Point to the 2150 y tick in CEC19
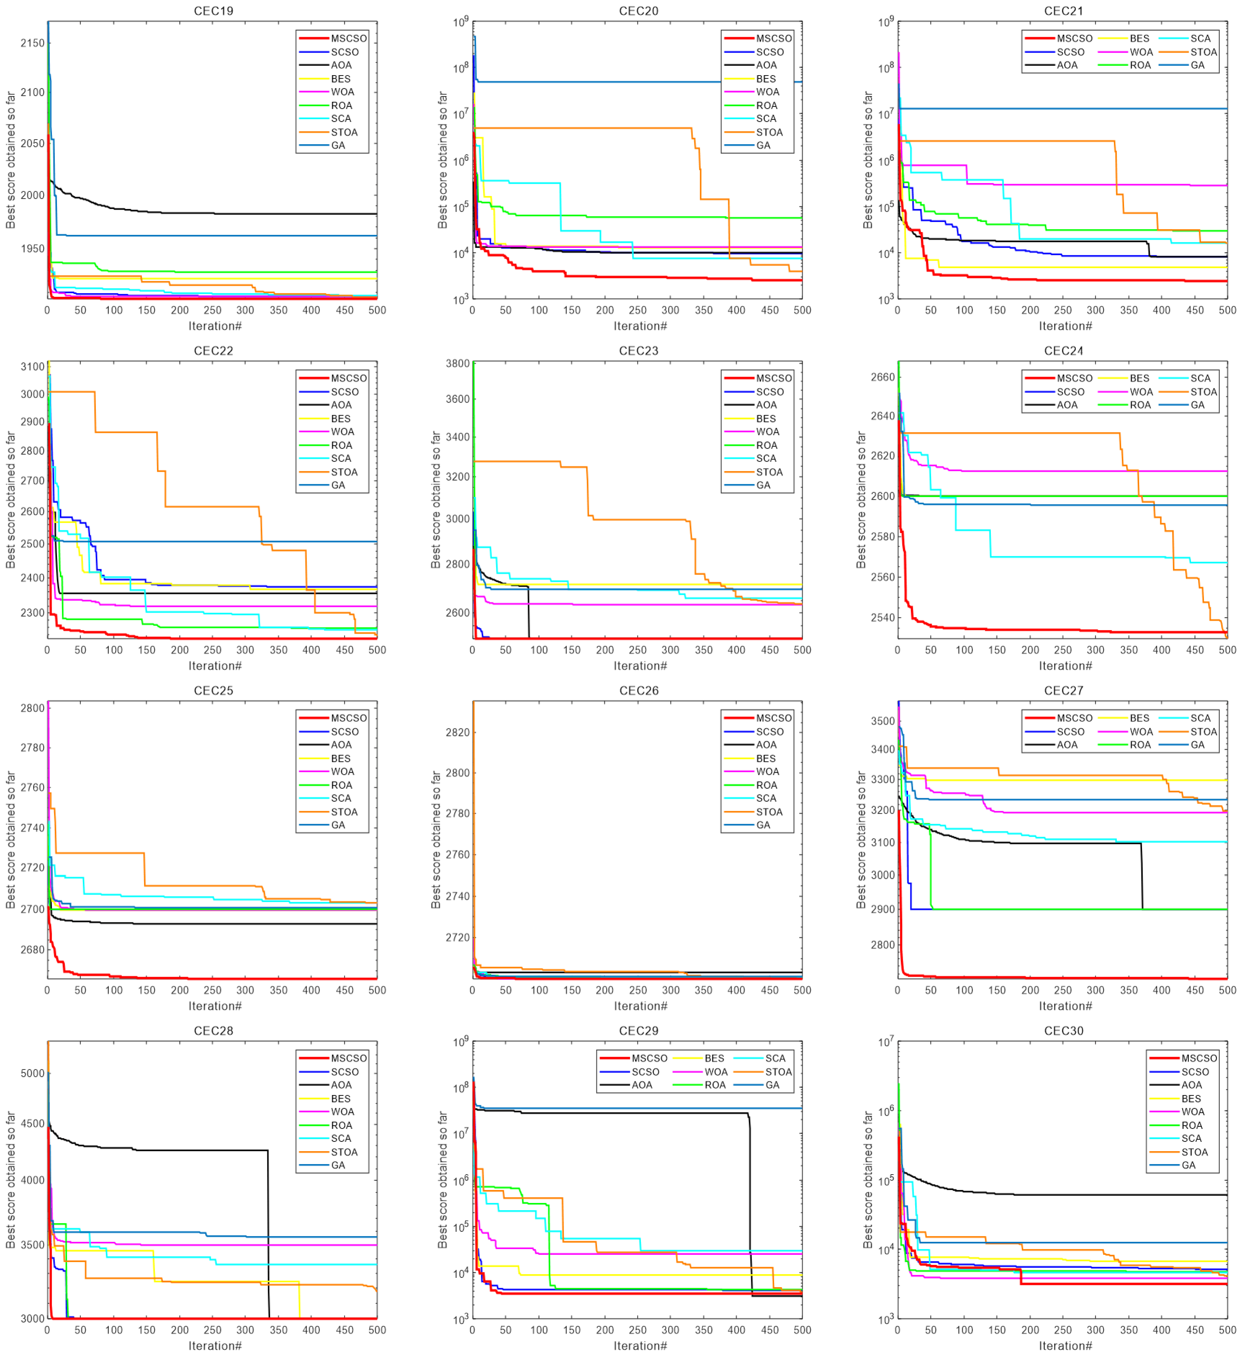(x=32, y=43)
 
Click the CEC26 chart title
(x=638, y=691)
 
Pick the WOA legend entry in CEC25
(x=342, y=772)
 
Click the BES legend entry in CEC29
(x=714, y=1058)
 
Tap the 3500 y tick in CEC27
(x=883, y=721)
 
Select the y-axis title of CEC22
(x=10, y=500)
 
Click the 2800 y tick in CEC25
(x=32, y=708)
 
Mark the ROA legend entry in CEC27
(x=1139, y=745)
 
